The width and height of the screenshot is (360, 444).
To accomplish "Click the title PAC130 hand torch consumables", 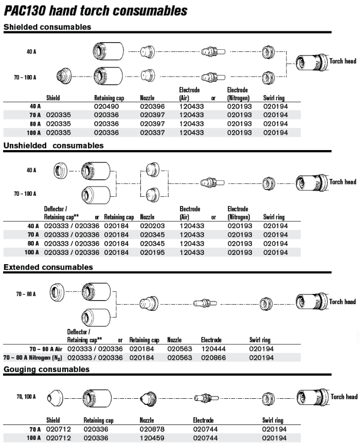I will (x=96, y=10).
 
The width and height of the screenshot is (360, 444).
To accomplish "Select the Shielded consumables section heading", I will (x=47, y=27).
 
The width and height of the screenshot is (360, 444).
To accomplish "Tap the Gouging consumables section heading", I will (x=46, y=369).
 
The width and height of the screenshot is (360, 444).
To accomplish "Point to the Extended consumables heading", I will (x=48, y=267).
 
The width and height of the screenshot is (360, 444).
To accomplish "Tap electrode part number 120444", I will (x=211, y=348).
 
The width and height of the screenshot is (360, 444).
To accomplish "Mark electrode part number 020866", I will (x=211, y=357).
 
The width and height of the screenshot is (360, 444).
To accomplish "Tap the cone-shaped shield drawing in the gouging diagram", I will (x=55, y=397).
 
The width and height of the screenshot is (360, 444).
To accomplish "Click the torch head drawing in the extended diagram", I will (x=312, y=302).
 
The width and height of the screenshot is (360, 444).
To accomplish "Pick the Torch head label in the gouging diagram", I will (x=344, y=397).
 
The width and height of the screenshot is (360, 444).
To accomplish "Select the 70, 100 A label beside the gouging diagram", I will (x=26, y=397).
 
